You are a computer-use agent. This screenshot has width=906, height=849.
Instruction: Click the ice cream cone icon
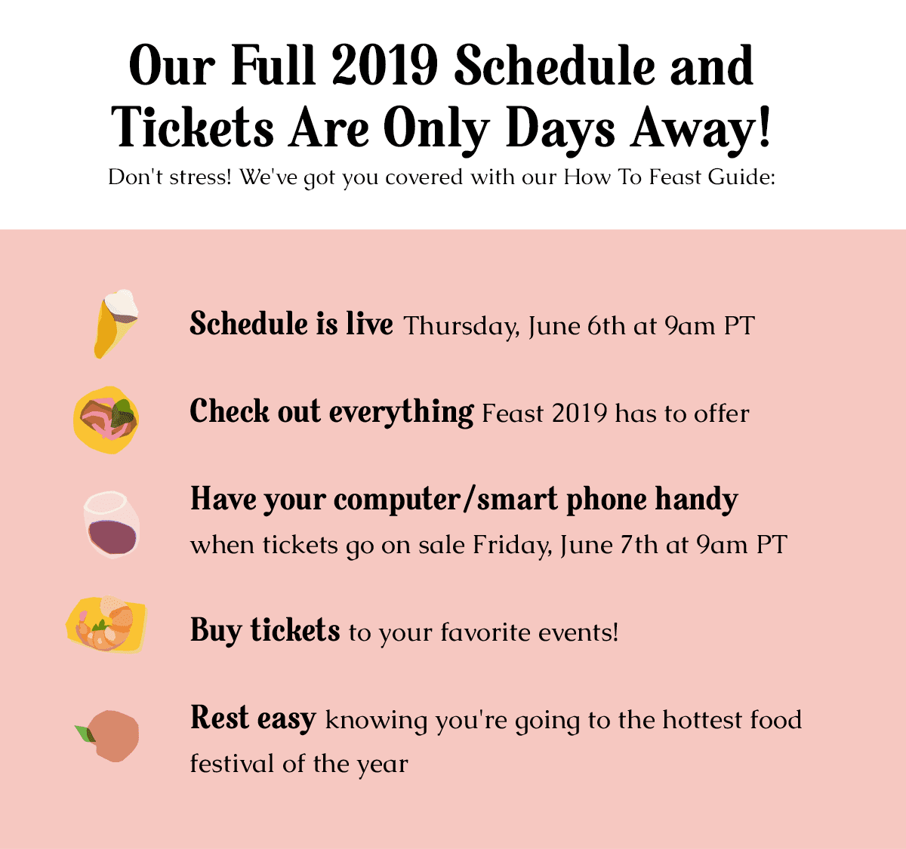[x=116, y=324]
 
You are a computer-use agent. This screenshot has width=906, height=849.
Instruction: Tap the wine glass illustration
[x=111, y=524]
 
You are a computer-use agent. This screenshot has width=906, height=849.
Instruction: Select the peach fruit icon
[x=109, y=736]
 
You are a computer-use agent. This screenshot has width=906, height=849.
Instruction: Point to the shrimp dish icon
[x=106, y=624]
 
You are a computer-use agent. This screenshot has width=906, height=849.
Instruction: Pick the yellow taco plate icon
[x=106, y=420]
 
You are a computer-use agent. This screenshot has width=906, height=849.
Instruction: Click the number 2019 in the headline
[x=384, y=66]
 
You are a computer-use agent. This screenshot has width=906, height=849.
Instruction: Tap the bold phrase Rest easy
[x=253, y=718]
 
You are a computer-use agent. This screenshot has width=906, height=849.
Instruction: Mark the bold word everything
[x=401, y=413]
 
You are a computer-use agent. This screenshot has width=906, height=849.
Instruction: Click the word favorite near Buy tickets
[x=485, y=632]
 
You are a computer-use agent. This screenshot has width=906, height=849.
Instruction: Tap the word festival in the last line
[x=232, y=764]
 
